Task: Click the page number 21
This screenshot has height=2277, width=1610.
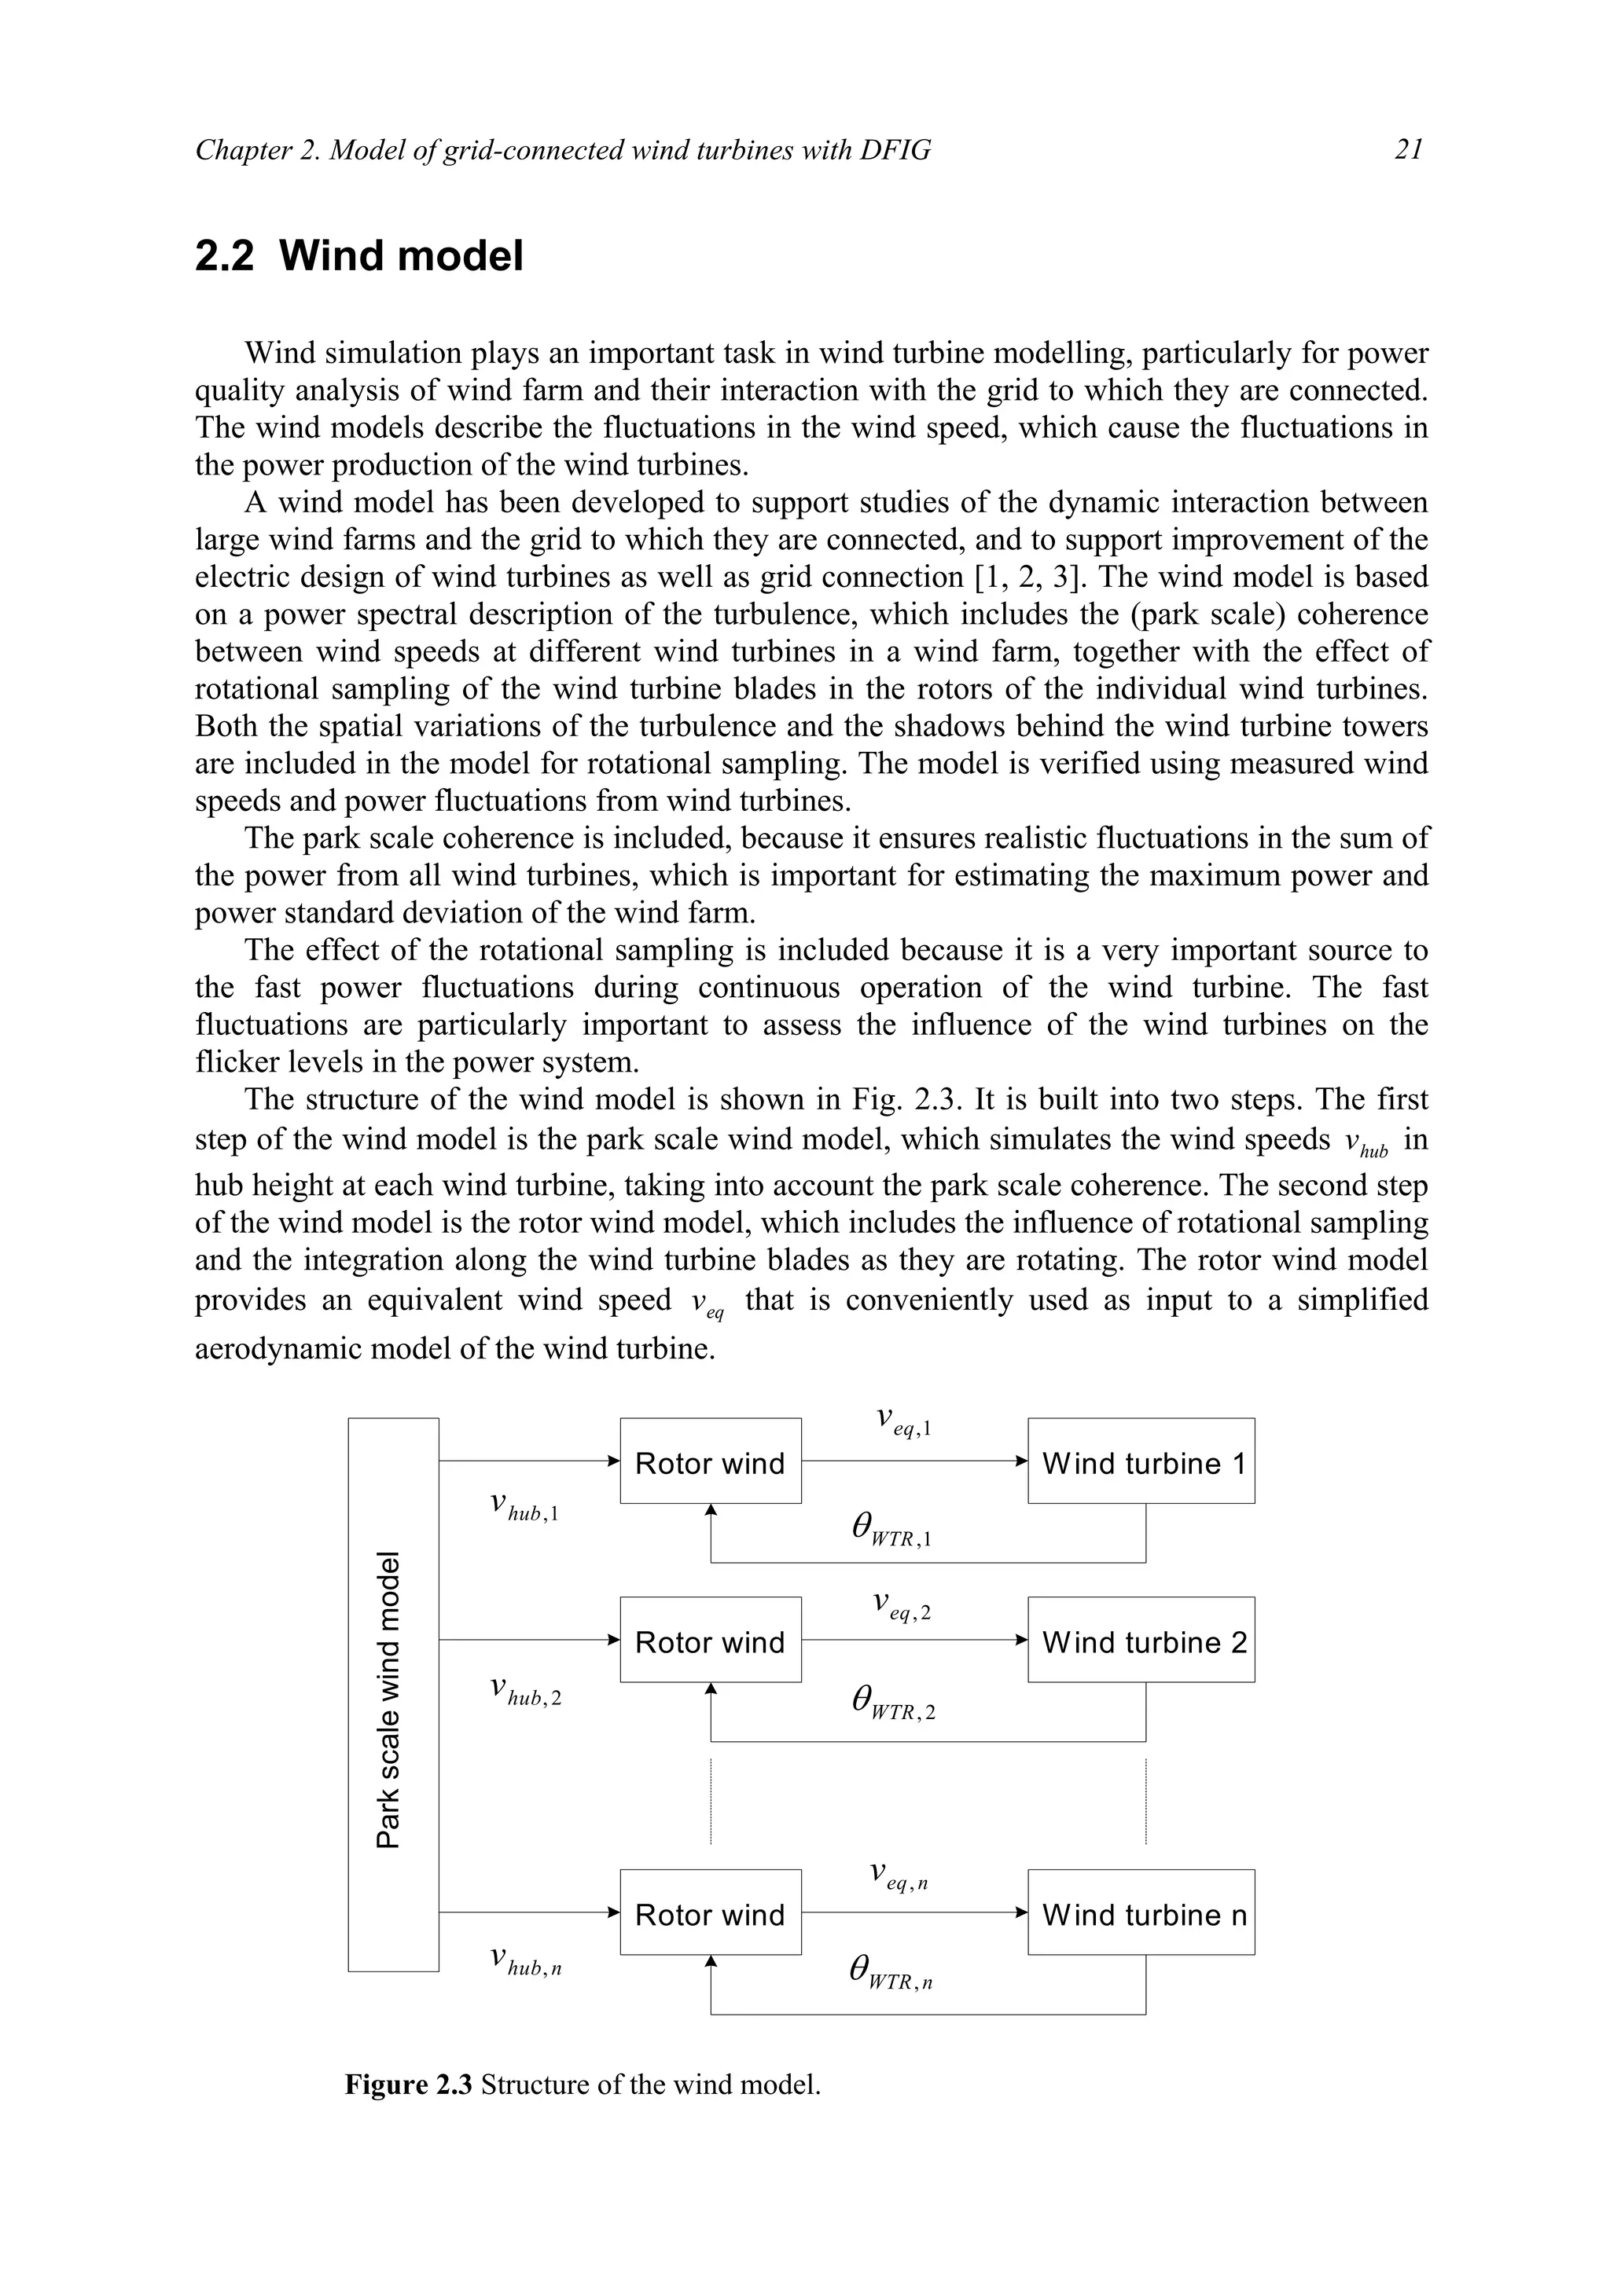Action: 1409,150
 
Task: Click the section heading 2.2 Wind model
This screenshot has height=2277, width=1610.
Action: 358,256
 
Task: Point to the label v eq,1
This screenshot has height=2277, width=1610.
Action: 902,1421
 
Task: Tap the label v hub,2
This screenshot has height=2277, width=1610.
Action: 526,1691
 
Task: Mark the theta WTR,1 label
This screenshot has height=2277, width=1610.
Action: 891,1527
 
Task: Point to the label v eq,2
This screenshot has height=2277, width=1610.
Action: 901,1604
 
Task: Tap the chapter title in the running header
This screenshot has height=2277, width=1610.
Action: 562,150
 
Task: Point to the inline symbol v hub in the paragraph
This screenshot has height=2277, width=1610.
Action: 1366,1143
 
